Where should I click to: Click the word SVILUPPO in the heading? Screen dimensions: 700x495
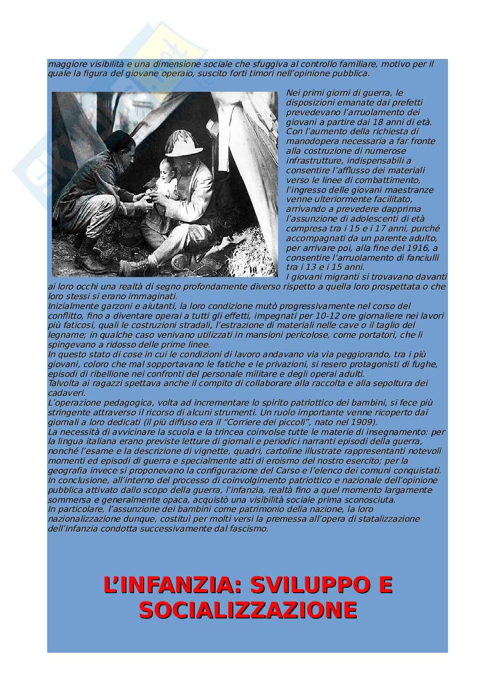tap(306, 585)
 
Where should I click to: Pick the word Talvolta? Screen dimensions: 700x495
tap(63, 383)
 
